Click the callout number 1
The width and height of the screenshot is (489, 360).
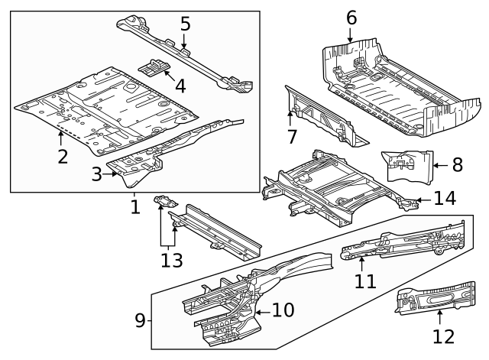point(135,206)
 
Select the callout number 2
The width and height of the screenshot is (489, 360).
point(62,156)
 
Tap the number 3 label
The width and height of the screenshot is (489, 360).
point(97,174)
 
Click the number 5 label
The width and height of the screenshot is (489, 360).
point(185,24)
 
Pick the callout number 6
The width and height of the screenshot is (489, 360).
point(351,17)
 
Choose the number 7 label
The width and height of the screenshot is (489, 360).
point(291,138)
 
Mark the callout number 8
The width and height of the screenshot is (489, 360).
point(457,164)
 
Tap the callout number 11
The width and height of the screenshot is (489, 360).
point(365,281)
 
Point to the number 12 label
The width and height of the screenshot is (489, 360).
point(443,336)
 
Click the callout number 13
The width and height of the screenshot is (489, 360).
point(172,260)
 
